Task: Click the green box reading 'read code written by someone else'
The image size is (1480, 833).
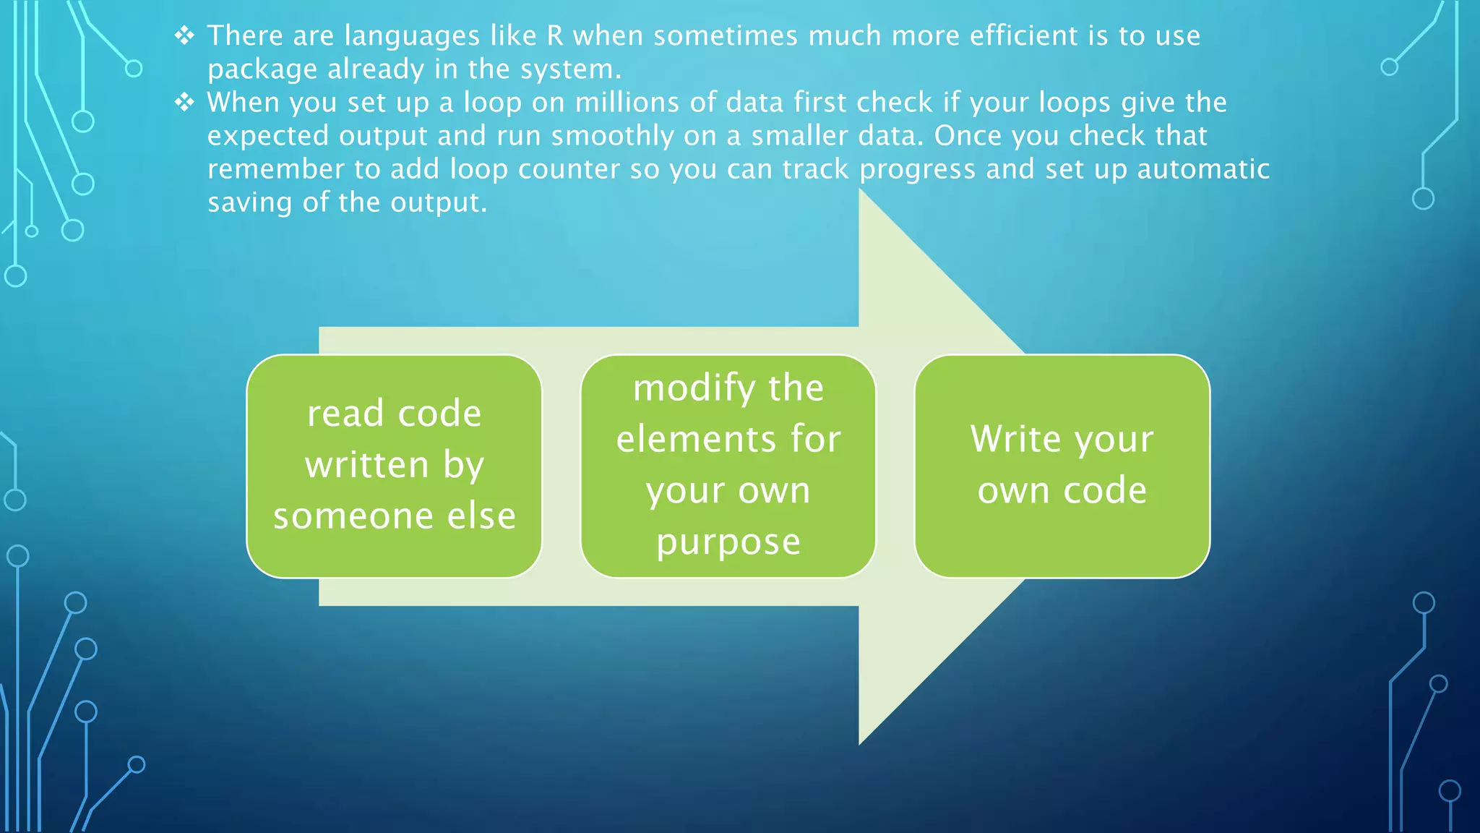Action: [x=394, y=466]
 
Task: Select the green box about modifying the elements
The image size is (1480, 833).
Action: [x=728, y=466]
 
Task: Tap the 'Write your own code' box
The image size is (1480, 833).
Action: [x=1062, y=466]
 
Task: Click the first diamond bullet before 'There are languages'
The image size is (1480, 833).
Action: [x=185, y=35]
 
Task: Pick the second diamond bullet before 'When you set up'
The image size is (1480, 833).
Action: [x=185, y=102]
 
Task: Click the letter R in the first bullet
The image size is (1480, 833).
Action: [x=555, y=35]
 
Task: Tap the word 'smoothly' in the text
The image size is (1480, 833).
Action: [x=612, y=136]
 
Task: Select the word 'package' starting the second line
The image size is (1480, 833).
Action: [x=262, y=70]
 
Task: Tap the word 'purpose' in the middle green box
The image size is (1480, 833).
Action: [x=728, y=542]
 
